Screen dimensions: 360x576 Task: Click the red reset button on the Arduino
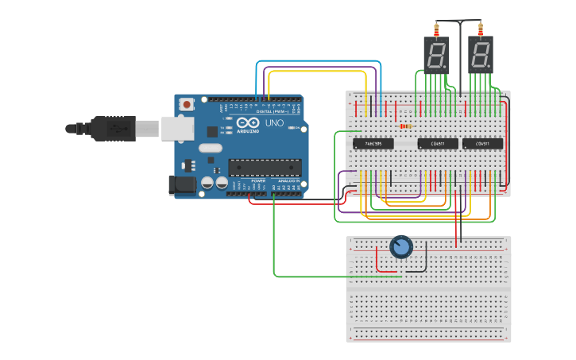click(x=187, y=103)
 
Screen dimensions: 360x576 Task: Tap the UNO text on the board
click(x=274, y=124)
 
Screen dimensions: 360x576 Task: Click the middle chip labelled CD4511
click(x=438, y=144)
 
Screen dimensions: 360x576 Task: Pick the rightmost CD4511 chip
click(x=483, y=144)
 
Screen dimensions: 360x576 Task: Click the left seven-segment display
click(x=436, y=55)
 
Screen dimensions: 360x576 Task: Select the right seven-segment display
click(x=481, y=55)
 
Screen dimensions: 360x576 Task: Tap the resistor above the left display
click(x=436, y=29)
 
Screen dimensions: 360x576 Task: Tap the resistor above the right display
click(x=481, y=29)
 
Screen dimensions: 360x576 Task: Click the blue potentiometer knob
click(x=401, y=247)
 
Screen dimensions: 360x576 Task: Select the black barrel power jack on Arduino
click(x=182, y=185)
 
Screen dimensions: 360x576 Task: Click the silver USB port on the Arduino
click(x=177, y=128)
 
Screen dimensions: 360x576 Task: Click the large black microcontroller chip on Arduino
click(x=265, y=167)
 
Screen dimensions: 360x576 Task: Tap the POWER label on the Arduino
click(x=258, y=181)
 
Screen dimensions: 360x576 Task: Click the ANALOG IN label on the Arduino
click(x=288, y=181)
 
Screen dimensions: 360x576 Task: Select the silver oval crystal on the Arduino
click(x=210, y=148)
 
